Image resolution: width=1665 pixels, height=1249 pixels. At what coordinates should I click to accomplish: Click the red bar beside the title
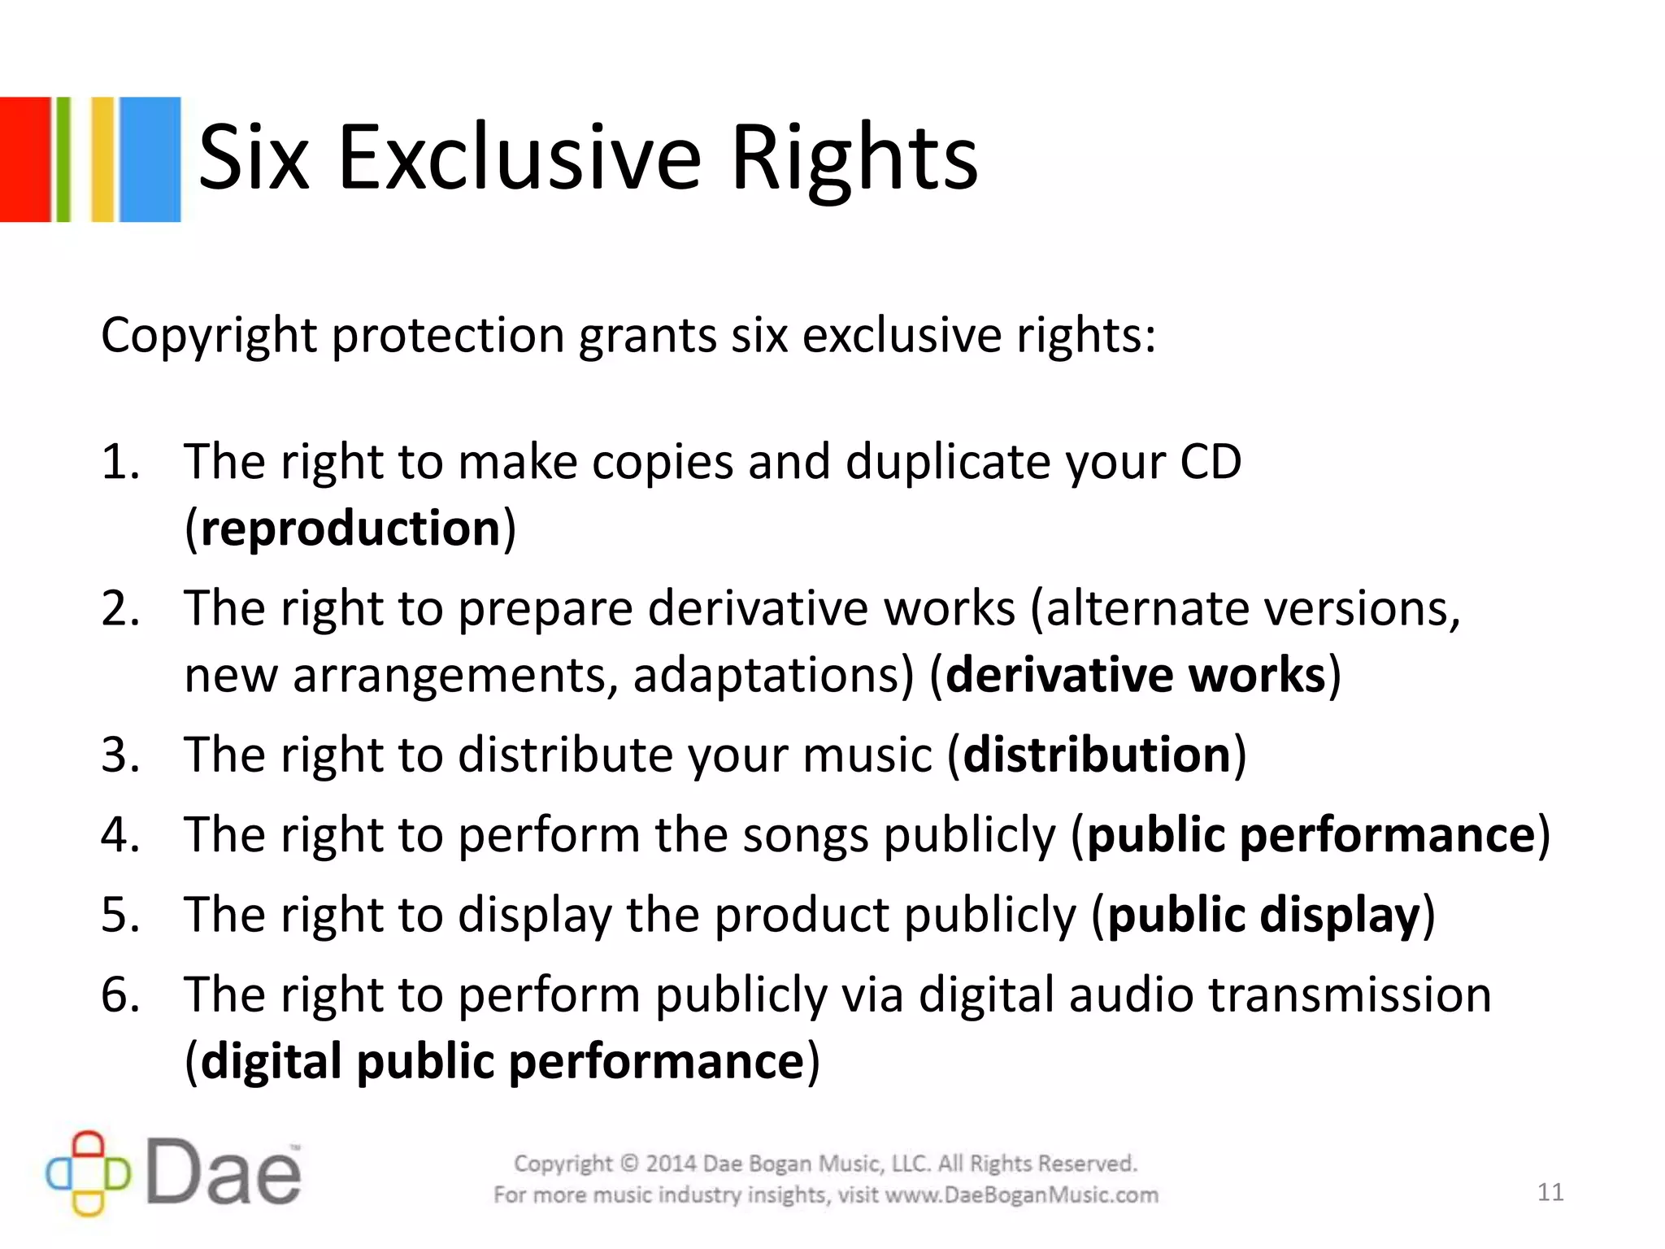(x=24, y=159)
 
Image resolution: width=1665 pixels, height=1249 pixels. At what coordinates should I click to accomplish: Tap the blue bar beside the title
(x=150, y=159)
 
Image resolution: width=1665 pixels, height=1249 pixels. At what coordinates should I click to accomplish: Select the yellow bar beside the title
(x=102, y=159)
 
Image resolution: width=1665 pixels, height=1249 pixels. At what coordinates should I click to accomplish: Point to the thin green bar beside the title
(x=63, y=159)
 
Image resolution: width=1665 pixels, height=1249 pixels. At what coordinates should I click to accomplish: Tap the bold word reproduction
(x=350, y=529)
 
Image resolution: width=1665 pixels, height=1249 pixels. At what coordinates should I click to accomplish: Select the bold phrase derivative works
(x=1136, y=675)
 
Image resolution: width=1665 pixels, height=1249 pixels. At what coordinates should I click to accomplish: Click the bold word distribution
(x=1097, y=755)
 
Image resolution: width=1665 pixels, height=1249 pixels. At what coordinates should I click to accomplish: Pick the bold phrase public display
(x=1263, y=915)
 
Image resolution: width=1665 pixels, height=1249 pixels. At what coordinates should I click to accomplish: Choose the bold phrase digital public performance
(x=502, y=1061)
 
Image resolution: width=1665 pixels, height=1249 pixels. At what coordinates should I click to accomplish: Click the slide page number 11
(x=1550, y=1192)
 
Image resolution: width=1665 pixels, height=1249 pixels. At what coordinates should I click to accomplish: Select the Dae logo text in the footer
(x=224, y=1173)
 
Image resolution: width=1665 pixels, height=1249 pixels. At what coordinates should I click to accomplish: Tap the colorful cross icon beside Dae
(x=88, y=1173)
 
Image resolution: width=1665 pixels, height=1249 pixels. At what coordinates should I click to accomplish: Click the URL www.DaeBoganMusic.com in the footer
(x=1021, y=1195)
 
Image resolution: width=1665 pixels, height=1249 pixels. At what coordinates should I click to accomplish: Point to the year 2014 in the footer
(x=671, y=1164)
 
